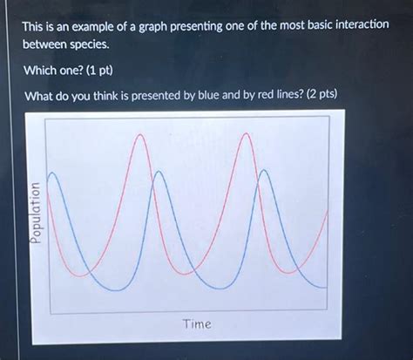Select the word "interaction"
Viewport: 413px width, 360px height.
[355, 26]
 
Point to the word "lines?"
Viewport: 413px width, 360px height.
[284, 94]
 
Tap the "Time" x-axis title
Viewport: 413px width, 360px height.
[196, 323]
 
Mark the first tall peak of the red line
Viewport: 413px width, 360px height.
[139, 135]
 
